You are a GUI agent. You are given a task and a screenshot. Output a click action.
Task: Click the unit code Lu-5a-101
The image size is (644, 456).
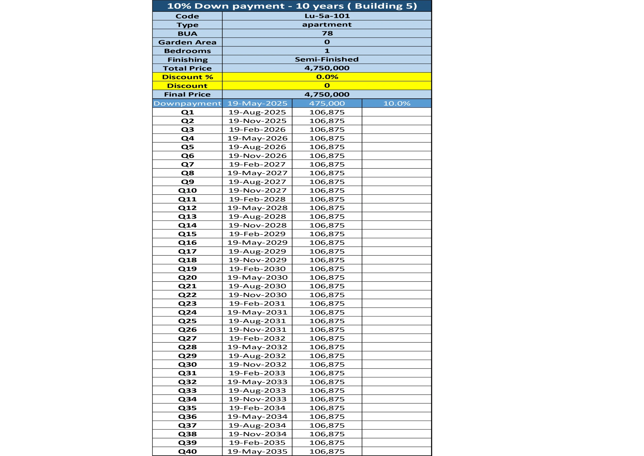327,16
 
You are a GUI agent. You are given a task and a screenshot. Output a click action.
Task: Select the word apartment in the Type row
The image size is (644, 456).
327,25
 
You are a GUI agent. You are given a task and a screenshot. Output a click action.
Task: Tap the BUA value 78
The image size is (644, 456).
327,33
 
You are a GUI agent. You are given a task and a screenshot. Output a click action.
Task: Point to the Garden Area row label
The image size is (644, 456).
187,42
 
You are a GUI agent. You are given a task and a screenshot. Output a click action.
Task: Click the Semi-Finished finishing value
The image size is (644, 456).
327,60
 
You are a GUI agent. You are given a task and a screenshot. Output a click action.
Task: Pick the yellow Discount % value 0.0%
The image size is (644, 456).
327,77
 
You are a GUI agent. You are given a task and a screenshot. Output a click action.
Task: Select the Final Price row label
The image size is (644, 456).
187,95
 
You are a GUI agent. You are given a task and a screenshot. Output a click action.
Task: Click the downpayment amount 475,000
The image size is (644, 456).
327,104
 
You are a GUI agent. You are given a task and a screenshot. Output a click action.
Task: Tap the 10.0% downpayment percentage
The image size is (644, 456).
396,104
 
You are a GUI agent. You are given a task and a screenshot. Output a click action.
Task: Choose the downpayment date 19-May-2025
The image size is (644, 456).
257,104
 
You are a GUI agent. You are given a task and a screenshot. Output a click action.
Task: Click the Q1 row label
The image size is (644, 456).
187,112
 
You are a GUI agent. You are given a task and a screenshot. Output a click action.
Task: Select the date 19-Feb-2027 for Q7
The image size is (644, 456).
257,165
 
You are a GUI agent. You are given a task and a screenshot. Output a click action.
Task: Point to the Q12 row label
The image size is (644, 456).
187,208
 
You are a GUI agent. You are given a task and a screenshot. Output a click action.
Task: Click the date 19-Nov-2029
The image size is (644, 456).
257,260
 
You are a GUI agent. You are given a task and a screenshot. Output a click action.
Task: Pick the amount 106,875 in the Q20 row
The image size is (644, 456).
327,278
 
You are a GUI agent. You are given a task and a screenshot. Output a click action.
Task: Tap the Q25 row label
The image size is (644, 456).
187,321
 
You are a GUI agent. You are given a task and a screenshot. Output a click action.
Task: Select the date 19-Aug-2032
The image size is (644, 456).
257,356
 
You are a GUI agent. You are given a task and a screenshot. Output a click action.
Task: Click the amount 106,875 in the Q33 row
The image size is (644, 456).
327,391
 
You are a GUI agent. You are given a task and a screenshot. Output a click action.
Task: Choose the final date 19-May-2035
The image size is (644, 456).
257,452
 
